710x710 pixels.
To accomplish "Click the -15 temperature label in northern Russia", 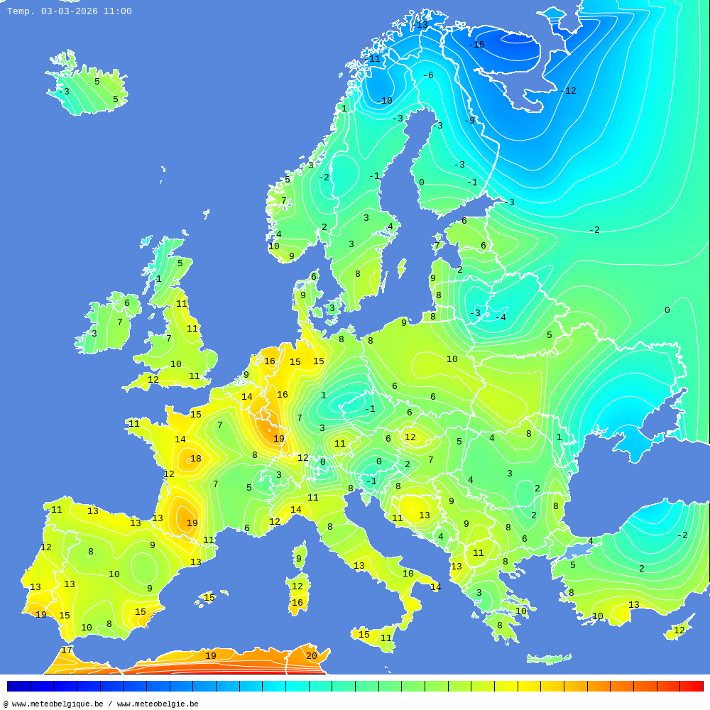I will tap(476, 45).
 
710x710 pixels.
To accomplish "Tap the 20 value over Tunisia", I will tap(311, 656).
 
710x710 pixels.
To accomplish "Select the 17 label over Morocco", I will tap(66, 650).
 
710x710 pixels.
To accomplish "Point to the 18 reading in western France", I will tap(195, 459).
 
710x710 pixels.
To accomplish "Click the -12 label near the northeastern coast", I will tap(567, 91).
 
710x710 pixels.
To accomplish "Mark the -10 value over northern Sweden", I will tap(384, 101).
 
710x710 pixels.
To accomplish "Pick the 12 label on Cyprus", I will tap(679, 630).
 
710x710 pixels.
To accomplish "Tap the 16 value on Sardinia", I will tap(297, 603).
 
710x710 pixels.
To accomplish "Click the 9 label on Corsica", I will tap(298, 559).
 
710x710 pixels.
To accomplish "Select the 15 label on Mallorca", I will tap(209, 598).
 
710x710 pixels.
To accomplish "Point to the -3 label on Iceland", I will tap(64, 92).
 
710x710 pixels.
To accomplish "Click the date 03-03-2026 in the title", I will tap(70, 11).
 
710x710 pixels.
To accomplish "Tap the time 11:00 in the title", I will tap(117, 11).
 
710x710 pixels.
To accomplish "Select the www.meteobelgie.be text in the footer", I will tap(158, 704).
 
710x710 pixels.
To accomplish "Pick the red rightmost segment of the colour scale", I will tap(692, 687).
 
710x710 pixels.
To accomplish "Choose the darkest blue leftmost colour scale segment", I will tap(18, 687).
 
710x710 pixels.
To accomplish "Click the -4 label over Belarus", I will tap(500, 317).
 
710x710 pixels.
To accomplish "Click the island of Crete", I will tap(549, 659).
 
